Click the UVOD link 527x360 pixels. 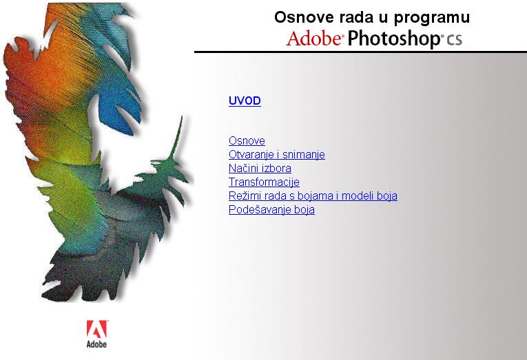coord(245,100)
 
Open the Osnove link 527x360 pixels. coord(247,140)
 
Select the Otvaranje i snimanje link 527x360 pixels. coord(277,154)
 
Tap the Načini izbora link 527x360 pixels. coord(260,168)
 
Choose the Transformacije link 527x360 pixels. coord(264,182)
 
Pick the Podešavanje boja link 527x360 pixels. coord(271,209)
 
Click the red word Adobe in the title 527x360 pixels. coord(314,38)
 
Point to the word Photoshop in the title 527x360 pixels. coord(393,39)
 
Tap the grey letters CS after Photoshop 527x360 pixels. coord(454,40)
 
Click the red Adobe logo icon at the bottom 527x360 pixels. coord(97,329)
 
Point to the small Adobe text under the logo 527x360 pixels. coord(97,344)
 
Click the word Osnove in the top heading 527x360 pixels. coord(305,17)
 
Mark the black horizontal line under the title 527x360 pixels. coord(360,52)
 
